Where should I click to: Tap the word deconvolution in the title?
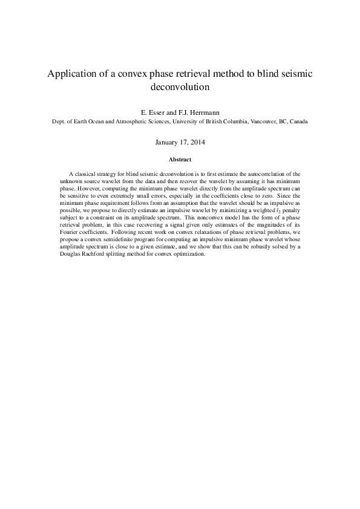(x=180, y=86)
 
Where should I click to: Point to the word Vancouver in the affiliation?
(x=264, y=121)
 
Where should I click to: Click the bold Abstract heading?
(x=180, y=160)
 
